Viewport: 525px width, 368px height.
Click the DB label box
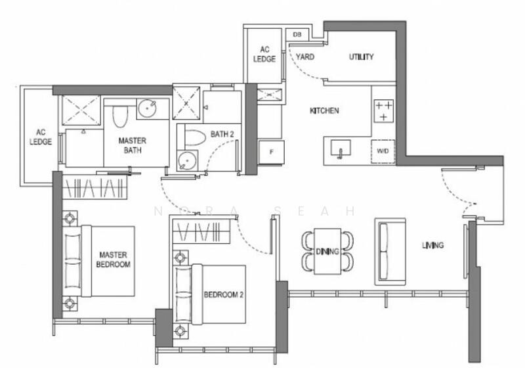point(297,34)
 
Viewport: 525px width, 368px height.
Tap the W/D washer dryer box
point(382,151)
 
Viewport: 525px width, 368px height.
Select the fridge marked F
point(270,151)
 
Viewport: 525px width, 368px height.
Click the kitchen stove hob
point(383,111)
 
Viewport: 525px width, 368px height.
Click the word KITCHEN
point(324,111)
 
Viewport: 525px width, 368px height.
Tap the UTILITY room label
point(360,57)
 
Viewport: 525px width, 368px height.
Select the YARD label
point(305,57)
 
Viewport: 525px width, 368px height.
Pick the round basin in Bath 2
point(188,160)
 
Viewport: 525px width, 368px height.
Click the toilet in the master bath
point(119,116)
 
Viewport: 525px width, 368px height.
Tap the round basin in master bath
point(146,108)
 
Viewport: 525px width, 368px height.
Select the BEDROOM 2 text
point(223,295)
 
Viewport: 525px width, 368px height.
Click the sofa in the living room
point(388,251)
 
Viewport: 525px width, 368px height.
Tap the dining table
point(325,251)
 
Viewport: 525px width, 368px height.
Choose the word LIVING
point(432,246)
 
